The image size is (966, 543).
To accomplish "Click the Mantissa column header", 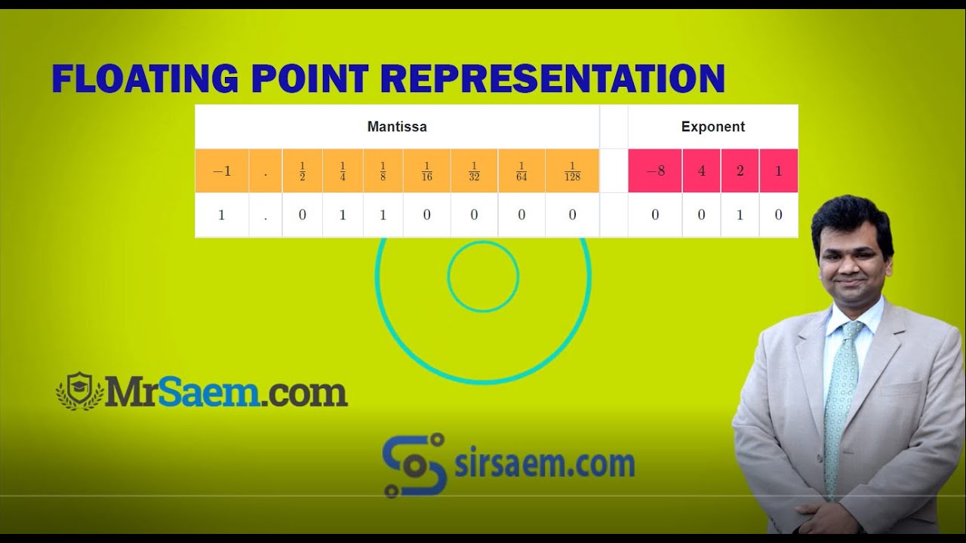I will point(397,127).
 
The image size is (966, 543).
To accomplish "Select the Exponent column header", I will point(712,127).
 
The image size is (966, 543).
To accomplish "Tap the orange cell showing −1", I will point(222,171).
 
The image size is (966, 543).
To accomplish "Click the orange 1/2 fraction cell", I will point(302,171).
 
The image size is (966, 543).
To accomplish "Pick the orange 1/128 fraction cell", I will point(572,171).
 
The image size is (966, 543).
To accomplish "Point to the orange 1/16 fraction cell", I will point(426,171).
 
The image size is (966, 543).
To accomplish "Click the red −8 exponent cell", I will point(655,171).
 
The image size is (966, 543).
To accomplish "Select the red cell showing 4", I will point(702,171).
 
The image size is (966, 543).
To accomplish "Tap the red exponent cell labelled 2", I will point(740,171).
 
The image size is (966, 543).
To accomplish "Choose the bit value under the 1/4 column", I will point(343,215).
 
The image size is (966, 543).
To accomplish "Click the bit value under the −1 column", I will point(222,215).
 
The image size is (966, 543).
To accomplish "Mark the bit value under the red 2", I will point(740,215).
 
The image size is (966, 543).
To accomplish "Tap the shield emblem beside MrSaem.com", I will point(79,391).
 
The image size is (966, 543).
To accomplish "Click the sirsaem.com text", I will point(544,465).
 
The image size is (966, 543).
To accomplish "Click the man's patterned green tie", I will point(840,400).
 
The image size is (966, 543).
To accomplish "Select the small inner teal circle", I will point(483,276).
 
